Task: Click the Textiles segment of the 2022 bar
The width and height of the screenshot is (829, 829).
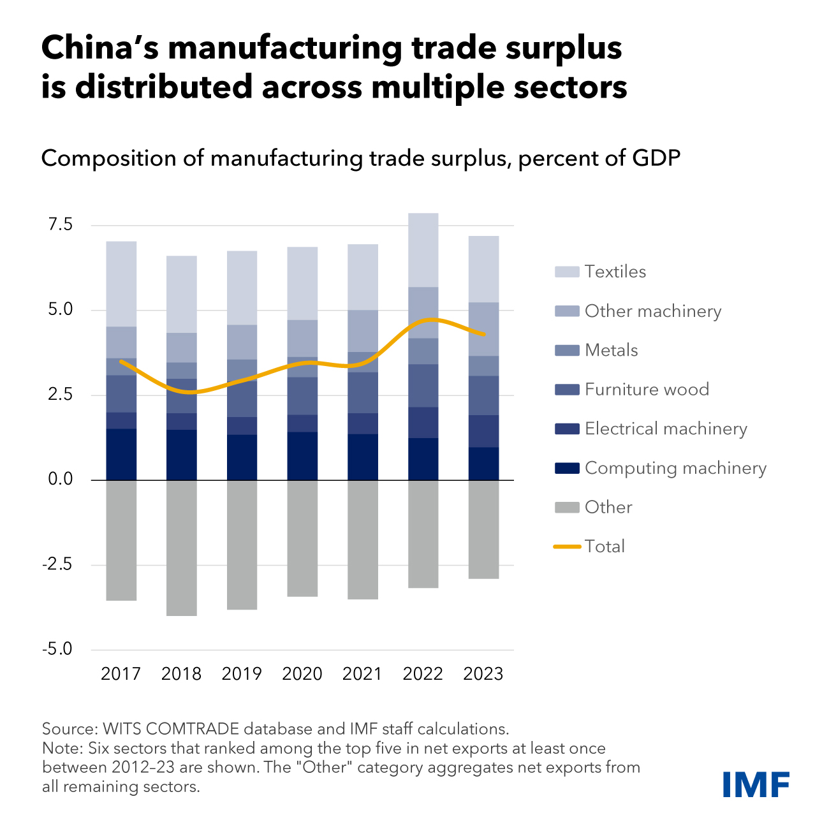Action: coord(423,250)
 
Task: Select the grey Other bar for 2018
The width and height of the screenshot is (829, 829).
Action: coord(182,547)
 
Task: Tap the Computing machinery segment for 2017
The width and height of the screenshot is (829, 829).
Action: coord(121,454)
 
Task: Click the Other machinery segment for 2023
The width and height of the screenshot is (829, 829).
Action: coord(483,329)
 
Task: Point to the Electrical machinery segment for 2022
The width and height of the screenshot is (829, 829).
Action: coord(423,422)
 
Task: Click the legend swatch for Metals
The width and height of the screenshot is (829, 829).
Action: coord(567,350)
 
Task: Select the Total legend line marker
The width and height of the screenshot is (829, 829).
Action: coord(567,547)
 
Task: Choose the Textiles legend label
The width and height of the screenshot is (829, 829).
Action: coord(615,272)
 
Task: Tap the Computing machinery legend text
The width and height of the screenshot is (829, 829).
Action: coord(675,468)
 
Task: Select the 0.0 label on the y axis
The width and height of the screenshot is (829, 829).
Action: coord(60,480)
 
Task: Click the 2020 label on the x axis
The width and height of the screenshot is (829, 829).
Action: coord(302,674)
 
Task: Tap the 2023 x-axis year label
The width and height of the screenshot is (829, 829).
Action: coord(483,674)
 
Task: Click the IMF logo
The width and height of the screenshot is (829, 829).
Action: coord(756,784)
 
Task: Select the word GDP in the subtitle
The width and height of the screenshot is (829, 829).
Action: coord(657,158)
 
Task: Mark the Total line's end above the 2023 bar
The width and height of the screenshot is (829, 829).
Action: coord(485,334)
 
